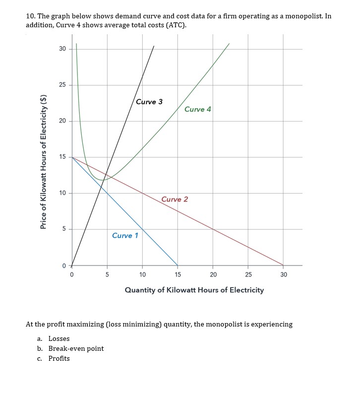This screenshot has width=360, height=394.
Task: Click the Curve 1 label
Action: (x=125, y=235)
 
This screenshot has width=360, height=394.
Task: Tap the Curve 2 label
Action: (x=175, y=199)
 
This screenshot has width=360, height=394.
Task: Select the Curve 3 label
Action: (x=149, y=102)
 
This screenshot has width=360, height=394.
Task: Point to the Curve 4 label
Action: (x=197, y=109)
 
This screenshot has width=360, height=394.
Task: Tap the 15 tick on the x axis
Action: (x=178, y=274)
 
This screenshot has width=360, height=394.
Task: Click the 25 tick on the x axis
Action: (x=248, y=274)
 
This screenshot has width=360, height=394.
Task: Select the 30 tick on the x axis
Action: (x=284, y=274)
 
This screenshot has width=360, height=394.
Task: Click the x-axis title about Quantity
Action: (x=194, y=290)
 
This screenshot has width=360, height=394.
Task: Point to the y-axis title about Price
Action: (x=44, y=162)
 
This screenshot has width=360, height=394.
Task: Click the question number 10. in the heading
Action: (x=30, y=16)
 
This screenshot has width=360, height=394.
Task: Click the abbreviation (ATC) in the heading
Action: (x=175, y=25)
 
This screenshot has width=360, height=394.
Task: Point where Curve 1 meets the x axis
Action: (x=178, y=265)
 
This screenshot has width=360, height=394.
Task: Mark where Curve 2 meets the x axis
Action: (x=284, y=265)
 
